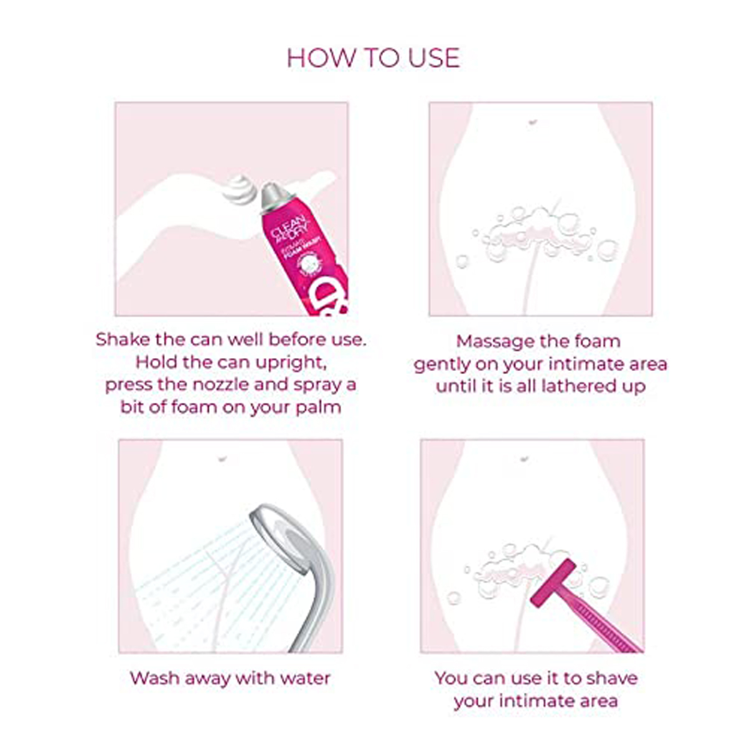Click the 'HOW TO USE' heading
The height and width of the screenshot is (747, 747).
373,58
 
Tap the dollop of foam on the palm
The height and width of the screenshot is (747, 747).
240,189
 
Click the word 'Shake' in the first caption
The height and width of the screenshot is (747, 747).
123,340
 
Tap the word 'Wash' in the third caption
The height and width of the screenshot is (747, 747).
152,678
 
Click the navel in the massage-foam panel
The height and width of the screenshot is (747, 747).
532,122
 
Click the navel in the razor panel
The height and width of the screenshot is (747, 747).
524,459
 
